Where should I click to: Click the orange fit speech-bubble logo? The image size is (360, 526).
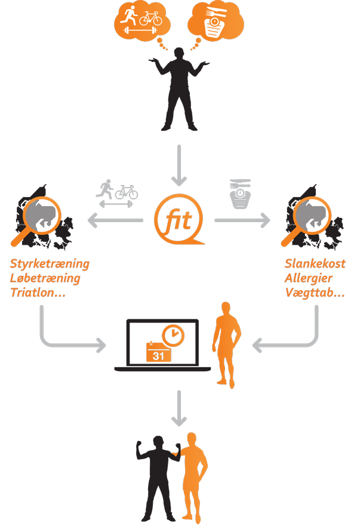(x=179, y=221)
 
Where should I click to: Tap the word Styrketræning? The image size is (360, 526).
(x=50, y=263)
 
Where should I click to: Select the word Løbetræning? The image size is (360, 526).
(x=45, y=278)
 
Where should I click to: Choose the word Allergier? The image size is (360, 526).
(x=309, y=278)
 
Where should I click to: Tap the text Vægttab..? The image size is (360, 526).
(x=313, y=293)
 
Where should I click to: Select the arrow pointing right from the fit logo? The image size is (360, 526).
(x=242, y=221)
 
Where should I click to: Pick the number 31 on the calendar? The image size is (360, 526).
(x=158, y=355)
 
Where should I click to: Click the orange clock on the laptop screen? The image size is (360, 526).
(x=173, y=336)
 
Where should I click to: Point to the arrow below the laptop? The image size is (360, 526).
(x=179, y=410)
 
